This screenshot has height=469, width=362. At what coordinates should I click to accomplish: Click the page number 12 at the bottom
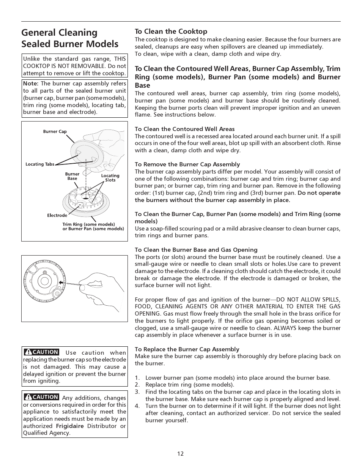coord(180,453)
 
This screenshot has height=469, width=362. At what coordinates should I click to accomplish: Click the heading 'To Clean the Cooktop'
coord(171,32)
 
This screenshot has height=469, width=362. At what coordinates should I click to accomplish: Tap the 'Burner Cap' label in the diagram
coord(55,132)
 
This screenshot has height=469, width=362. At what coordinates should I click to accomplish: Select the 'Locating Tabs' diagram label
coord(40,164)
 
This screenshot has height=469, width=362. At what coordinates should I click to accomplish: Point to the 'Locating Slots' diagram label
coord(110,178)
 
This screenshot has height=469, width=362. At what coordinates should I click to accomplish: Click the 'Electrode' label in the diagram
coord(57,215)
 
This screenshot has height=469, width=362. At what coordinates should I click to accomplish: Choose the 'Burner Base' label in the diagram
coord(72,176)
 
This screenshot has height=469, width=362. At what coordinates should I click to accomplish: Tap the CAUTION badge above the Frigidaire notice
coord(41,397)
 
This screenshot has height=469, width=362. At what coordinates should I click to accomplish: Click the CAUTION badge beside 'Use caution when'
coord(41,352)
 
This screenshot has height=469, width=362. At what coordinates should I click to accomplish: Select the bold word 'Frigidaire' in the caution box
coord(70,426)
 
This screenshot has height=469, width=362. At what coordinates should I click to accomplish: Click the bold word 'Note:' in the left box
coord(31,84)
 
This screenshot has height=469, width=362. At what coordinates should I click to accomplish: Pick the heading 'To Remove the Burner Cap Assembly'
coord(187,164)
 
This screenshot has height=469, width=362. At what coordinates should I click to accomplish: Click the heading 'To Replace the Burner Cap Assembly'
coord(187,349)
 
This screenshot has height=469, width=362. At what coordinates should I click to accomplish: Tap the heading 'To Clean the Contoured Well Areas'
coord(185,129)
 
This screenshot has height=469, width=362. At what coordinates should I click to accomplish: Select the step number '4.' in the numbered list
coord(137,406)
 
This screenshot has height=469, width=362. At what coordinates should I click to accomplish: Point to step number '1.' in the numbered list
coord(137,378)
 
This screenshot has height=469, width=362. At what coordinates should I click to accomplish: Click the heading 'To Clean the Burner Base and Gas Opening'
coord(196,250)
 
